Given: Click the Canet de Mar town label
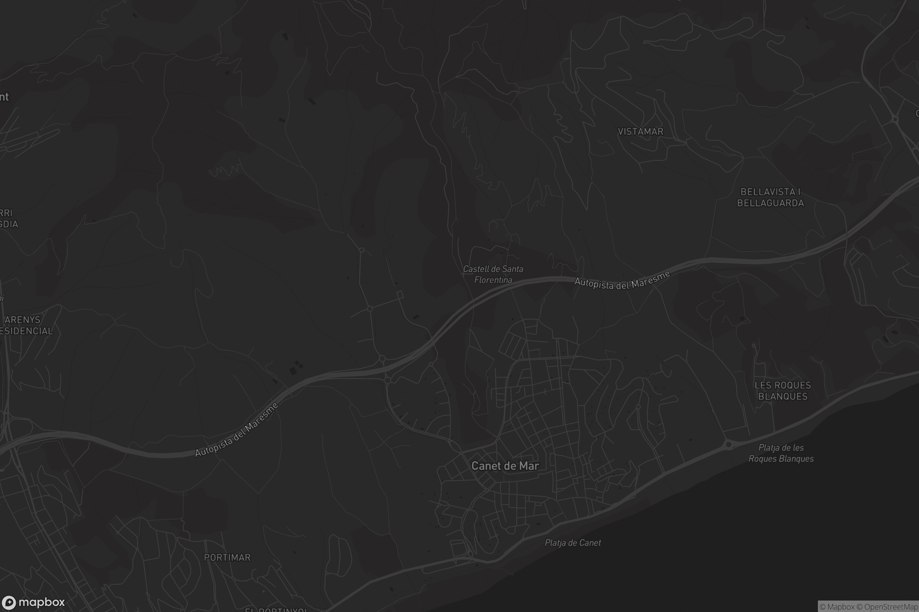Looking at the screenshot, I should click(505, 466).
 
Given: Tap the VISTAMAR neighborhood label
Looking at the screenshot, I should click(640, 132).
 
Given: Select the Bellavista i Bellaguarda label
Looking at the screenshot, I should click(770, 197).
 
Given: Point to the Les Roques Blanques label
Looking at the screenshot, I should click(783, 391).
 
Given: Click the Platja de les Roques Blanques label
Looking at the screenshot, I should click(781, 453).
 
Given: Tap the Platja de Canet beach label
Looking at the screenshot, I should click(573, 542).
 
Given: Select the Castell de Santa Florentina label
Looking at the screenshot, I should click(493, 274).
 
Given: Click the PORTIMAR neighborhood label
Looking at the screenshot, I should click(227, 557).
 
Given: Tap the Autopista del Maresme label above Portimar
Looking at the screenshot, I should click(237, 430).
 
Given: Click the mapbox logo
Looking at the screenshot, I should click(33, 602).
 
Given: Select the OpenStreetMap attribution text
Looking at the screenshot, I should click(891, 607).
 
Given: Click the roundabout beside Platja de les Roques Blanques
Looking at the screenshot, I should click(728, 444).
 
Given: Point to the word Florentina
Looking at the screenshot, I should click(493, 280).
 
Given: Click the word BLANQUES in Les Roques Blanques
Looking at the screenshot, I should click(783, 397).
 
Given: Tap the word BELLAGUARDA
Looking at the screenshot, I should click(770, 203).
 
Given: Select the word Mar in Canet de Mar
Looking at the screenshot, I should click(530, 466).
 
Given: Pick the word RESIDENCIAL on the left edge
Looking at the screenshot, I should click(26, 331).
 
